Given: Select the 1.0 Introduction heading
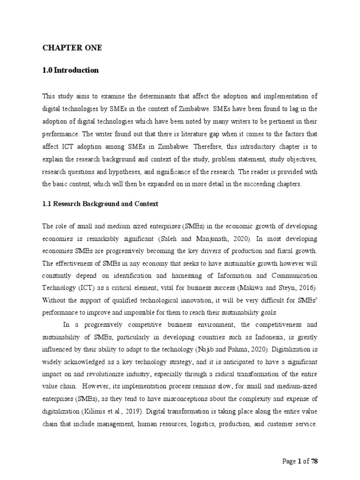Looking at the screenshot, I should pyautogui.click(x=71, y=70).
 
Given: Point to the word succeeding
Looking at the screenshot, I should pyautogui.click(x=255, y=184).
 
